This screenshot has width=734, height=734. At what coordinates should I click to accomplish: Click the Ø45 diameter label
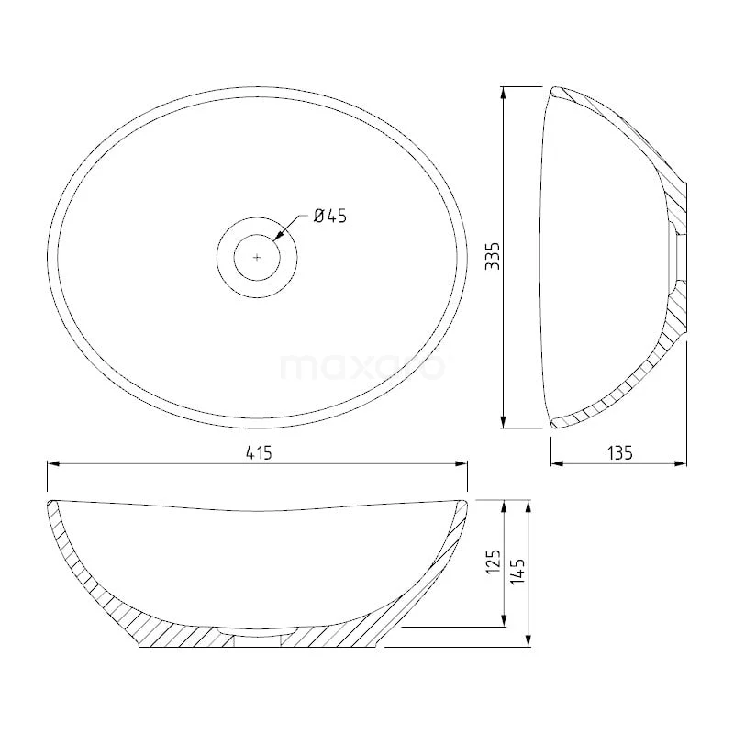[330, 216]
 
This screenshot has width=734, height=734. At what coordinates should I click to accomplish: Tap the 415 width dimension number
[259, 453]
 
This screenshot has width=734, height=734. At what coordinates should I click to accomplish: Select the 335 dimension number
[493, 256]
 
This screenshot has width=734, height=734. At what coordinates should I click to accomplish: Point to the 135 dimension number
[620, 452]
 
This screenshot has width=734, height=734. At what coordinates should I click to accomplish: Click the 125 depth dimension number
[494, 562]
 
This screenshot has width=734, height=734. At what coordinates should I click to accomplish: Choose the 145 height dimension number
[517, 571]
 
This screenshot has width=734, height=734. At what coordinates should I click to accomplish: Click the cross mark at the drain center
[257, 257]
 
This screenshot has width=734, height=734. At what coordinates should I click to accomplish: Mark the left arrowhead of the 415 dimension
[53, 463]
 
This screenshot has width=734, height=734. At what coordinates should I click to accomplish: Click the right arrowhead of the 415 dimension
[462, 463]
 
